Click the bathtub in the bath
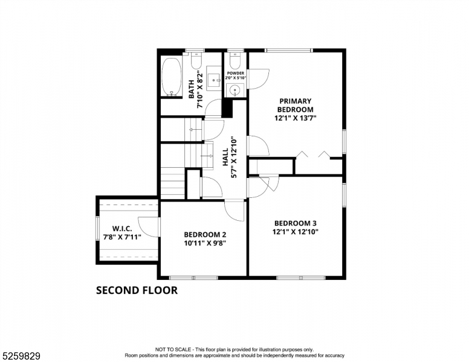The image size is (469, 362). click(171, 77)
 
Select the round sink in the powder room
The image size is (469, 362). click(235, 91)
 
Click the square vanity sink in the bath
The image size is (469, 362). click(214, 78)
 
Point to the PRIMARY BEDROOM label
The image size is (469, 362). click(295, 105)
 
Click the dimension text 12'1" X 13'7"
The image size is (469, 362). click(295, 118)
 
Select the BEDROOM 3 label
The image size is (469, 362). click(295, 222)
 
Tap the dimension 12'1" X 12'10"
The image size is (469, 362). click(295, 231)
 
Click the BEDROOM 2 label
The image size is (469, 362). click(205, 235)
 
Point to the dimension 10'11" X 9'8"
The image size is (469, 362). click(205, 244)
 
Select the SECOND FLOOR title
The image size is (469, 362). click(137, 290)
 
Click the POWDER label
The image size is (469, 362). click(235, 73)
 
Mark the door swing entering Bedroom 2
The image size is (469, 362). click(234, 209)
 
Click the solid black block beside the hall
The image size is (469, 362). click(227, 108)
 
